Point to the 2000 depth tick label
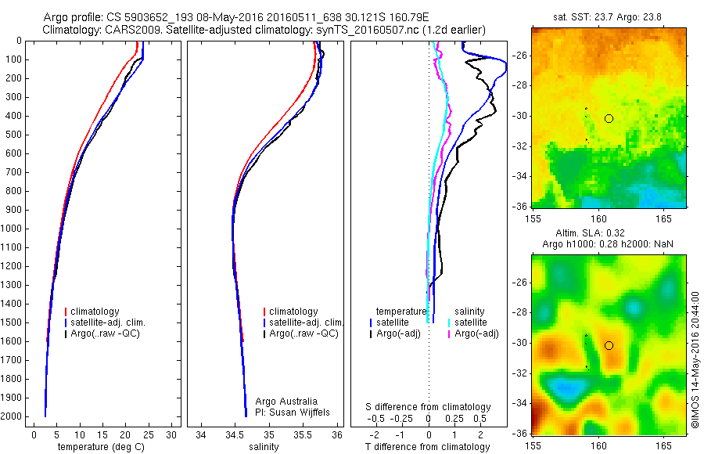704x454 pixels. tap(13, 416)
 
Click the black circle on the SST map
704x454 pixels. tap(609, 118)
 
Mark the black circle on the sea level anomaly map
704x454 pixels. tap(609, 345)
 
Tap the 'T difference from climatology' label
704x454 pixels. tap(427, 447)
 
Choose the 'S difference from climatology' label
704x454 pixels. tap(428, 407)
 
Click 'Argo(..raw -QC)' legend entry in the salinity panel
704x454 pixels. tap(304, 333)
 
